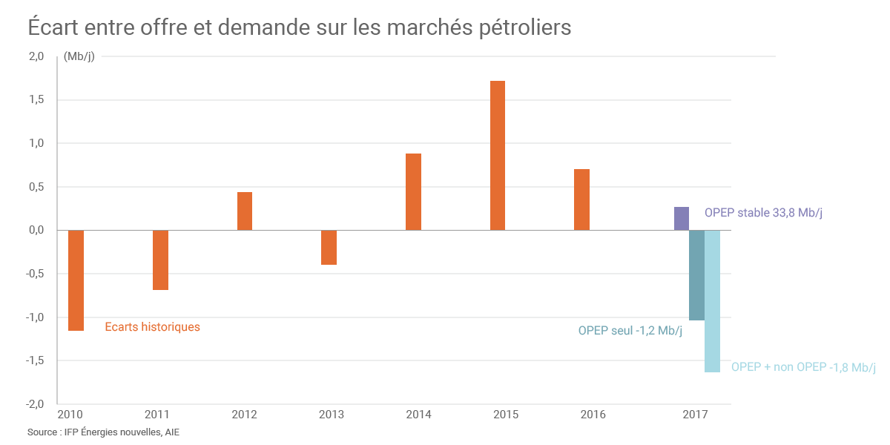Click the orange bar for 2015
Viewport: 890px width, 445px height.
[498, 156]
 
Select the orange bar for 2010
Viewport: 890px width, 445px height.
[76, 280]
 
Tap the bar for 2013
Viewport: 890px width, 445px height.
[329, 248]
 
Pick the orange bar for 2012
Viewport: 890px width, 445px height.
[245, 211]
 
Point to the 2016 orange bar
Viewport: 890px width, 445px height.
[581, 200]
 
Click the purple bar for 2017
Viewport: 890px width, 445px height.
[682, 219]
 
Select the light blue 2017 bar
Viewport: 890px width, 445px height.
[712, 301]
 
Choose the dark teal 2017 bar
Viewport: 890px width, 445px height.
[696, 275]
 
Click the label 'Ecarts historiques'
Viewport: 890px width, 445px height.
[152, 326]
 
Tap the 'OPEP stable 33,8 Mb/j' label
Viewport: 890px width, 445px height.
[763, 213]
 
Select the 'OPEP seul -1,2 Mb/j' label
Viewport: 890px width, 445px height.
[630, 331]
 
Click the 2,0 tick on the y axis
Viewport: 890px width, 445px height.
[36, 56]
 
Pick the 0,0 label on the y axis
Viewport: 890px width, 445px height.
[36, 231]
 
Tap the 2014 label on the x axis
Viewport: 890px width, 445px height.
[419, 415]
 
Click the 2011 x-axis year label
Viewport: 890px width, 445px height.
[157, 415]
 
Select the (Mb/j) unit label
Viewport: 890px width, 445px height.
[79, 56]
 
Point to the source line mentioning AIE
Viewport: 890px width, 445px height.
[103, 432]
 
